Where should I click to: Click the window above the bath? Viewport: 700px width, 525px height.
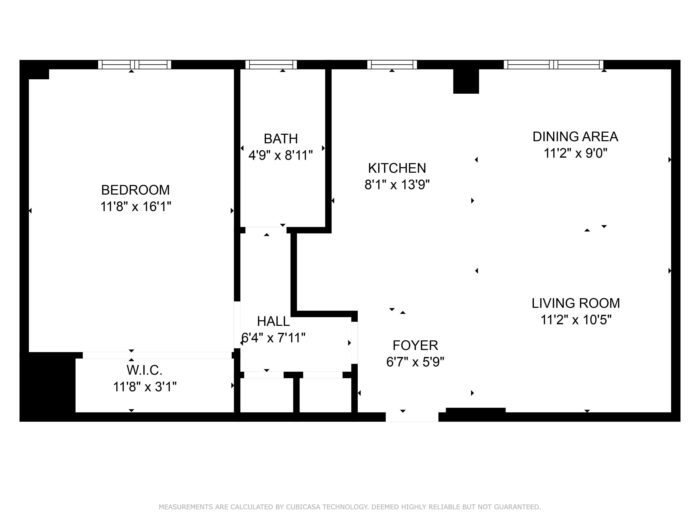coord(271,65)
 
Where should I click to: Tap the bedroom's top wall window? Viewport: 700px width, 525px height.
coord(135,65)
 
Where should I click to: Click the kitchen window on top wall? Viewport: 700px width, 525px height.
coord(392,65)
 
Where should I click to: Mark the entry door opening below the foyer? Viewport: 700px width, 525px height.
coord(412,417)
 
